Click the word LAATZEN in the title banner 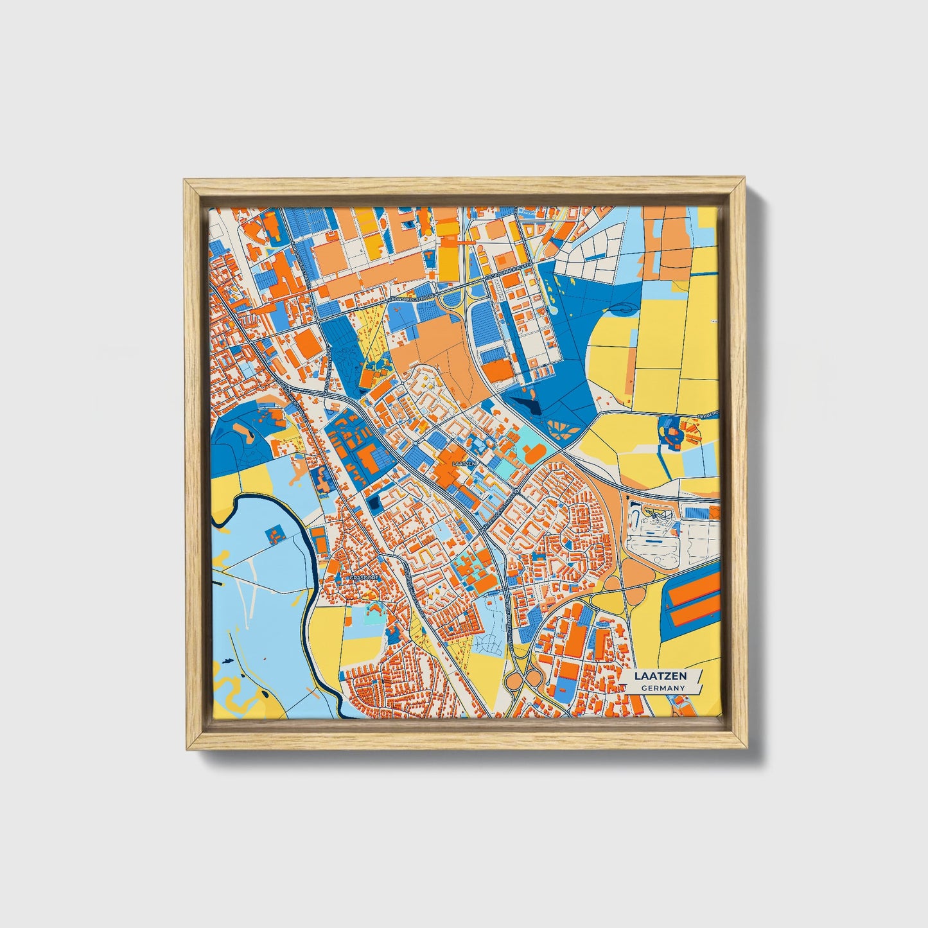(660, 676)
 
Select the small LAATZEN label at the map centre (464, 463)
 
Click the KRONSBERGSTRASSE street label (412, 300)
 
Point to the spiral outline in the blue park (621, 308)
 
